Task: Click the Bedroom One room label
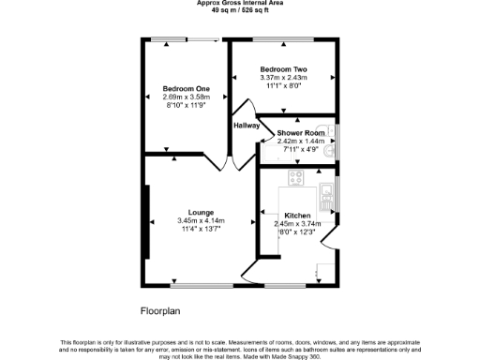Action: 186,88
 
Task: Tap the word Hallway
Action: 246,125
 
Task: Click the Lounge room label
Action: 201,212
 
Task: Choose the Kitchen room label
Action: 297,215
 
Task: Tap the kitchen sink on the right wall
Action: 326,196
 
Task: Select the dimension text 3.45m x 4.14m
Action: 201,220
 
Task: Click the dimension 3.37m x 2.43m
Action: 283,78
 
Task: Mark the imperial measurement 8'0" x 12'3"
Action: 297,231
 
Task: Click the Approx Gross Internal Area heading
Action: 239,4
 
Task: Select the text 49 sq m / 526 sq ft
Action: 239,11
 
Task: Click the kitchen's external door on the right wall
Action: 333,249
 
